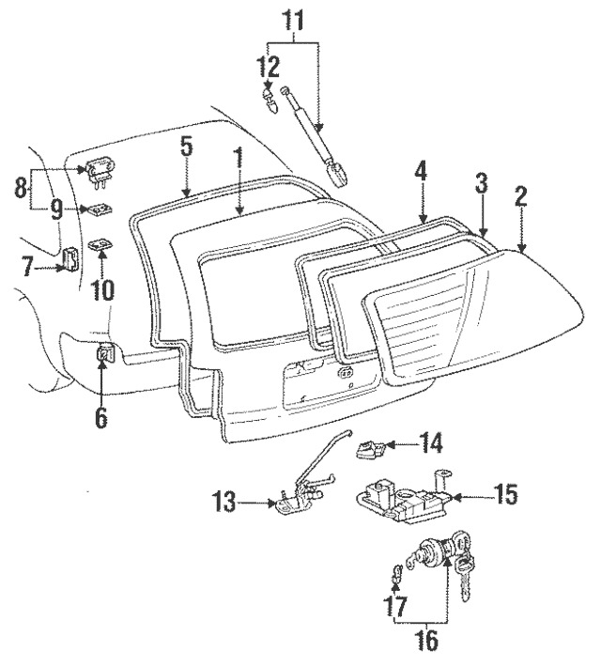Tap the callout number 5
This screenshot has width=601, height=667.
tap(186, 147)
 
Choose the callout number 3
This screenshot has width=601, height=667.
tap(482, 183)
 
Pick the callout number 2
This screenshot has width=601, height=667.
tap(521, 197)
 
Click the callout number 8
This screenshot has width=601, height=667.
tap(20, 188)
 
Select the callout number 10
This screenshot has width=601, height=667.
tap(102, 287)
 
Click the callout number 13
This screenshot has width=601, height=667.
tap(225, 504)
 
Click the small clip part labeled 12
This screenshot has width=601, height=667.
tap(270, 98)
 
